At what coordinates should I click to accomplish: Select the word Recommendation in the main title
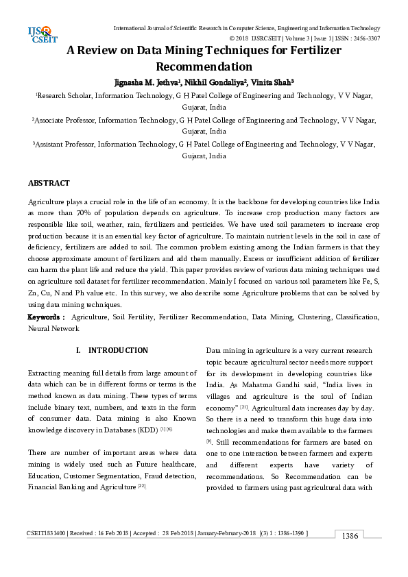204,67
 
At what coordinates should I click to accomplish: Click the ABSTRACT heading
49,184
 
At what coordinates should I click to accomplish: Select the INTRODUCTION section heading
118,350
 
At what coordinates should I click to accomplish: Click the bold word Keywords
45,318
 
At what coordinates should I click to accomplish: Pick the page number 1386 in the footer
350,555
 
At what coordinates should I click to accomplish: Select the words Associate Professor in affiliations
69,120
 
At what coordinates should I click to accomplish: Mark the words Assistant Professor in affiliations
67,145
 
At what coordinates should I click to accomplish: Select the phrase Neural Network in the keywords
53,329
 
